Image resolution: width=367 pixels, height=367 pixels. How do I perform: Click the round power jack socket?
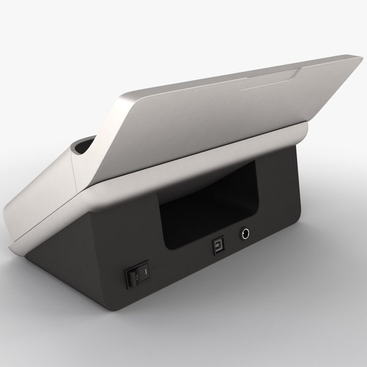point(247,233)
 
